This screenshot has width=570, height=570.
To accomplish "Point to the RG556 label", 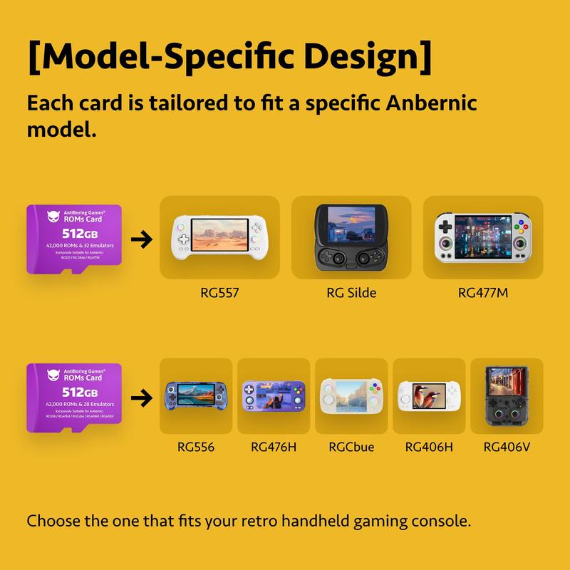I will [x=196, y=447].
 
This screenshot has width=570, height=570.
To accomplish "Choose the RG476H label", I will [x=273, y=447].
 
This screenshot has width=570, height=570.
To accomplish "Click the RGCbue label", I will [x=351, y=447].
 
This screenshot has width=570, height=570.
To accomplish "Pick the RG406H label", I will [x=428, y=447].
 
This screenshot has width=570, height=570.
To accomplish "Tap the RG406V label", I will [x=507, y=447].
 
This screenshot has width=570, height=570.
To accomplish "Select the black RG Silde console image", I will [x=351, y=237].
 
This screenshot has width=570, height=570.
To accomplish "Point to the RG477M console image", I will [x=483, y=237].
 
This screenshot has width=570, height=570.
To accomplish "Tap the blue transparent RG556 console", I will [x=196, y=395].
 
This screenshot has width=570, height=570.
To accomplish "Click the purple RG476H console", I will [x=274, y=395].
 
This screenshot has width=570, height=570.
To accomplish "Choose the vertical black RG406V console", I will [x=507, y=395].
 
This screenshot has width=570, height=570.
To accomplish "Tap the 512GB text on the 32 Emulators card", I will [x=80, y=234].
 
